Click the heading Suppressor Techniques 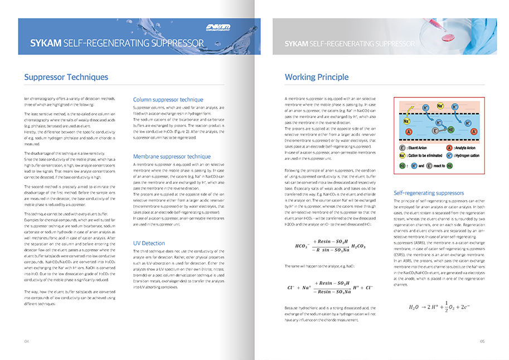pyautogui.click(x=66, y=77)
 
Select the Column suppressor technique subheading pyautogui.click(x=168, y=99)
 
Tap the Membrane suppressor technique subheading pyautogui.click(x=171, y=157)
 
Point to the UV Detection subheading pyautogui.click(x=149, y=243)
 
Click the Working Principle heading pyautogui.click(x=316, y=77)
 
